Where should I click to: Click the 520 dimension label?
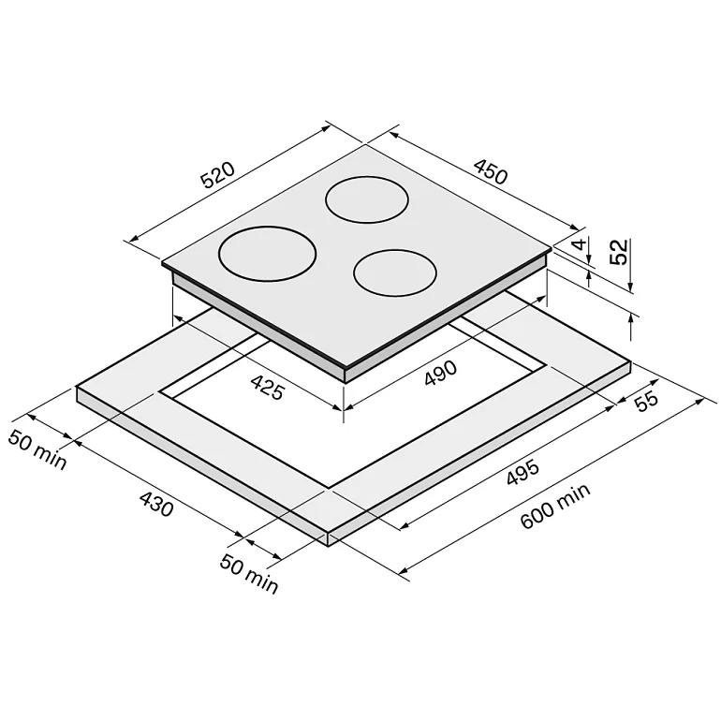coord(218,175)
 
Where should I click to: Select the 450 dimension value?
coord(491,171)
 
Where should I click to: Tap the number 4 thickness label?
coord(581,243)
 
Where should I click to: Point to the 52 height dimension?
coord(618,252)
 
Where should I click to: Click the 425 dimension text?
coord(268,387)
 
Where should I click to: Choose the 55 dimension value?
coord(646,401)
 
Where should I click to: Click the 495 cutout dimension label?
coord(522,472)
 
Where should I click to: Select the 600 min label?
coord(555,506)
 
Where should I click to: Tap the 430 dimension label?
coord(156,504)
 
